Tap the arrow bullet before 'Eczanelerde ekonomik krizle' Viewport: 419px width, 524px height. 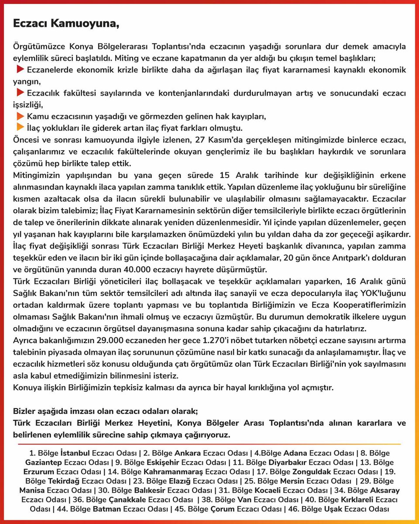click(21, 69)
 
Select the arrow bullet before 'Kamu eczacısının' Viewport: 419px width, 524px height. click(21, 116)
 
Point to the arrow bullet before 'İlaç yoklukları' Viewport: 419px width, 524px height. click(21, 128)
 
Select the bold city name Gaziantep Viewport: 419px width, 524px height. click(43, 462)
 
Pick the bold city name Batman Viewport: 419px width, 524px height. click(107, 509)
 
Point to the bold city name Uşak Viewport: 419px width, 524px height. click(333, 509)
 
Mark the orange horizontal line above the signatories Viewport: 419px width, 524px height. click(209, 444)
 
